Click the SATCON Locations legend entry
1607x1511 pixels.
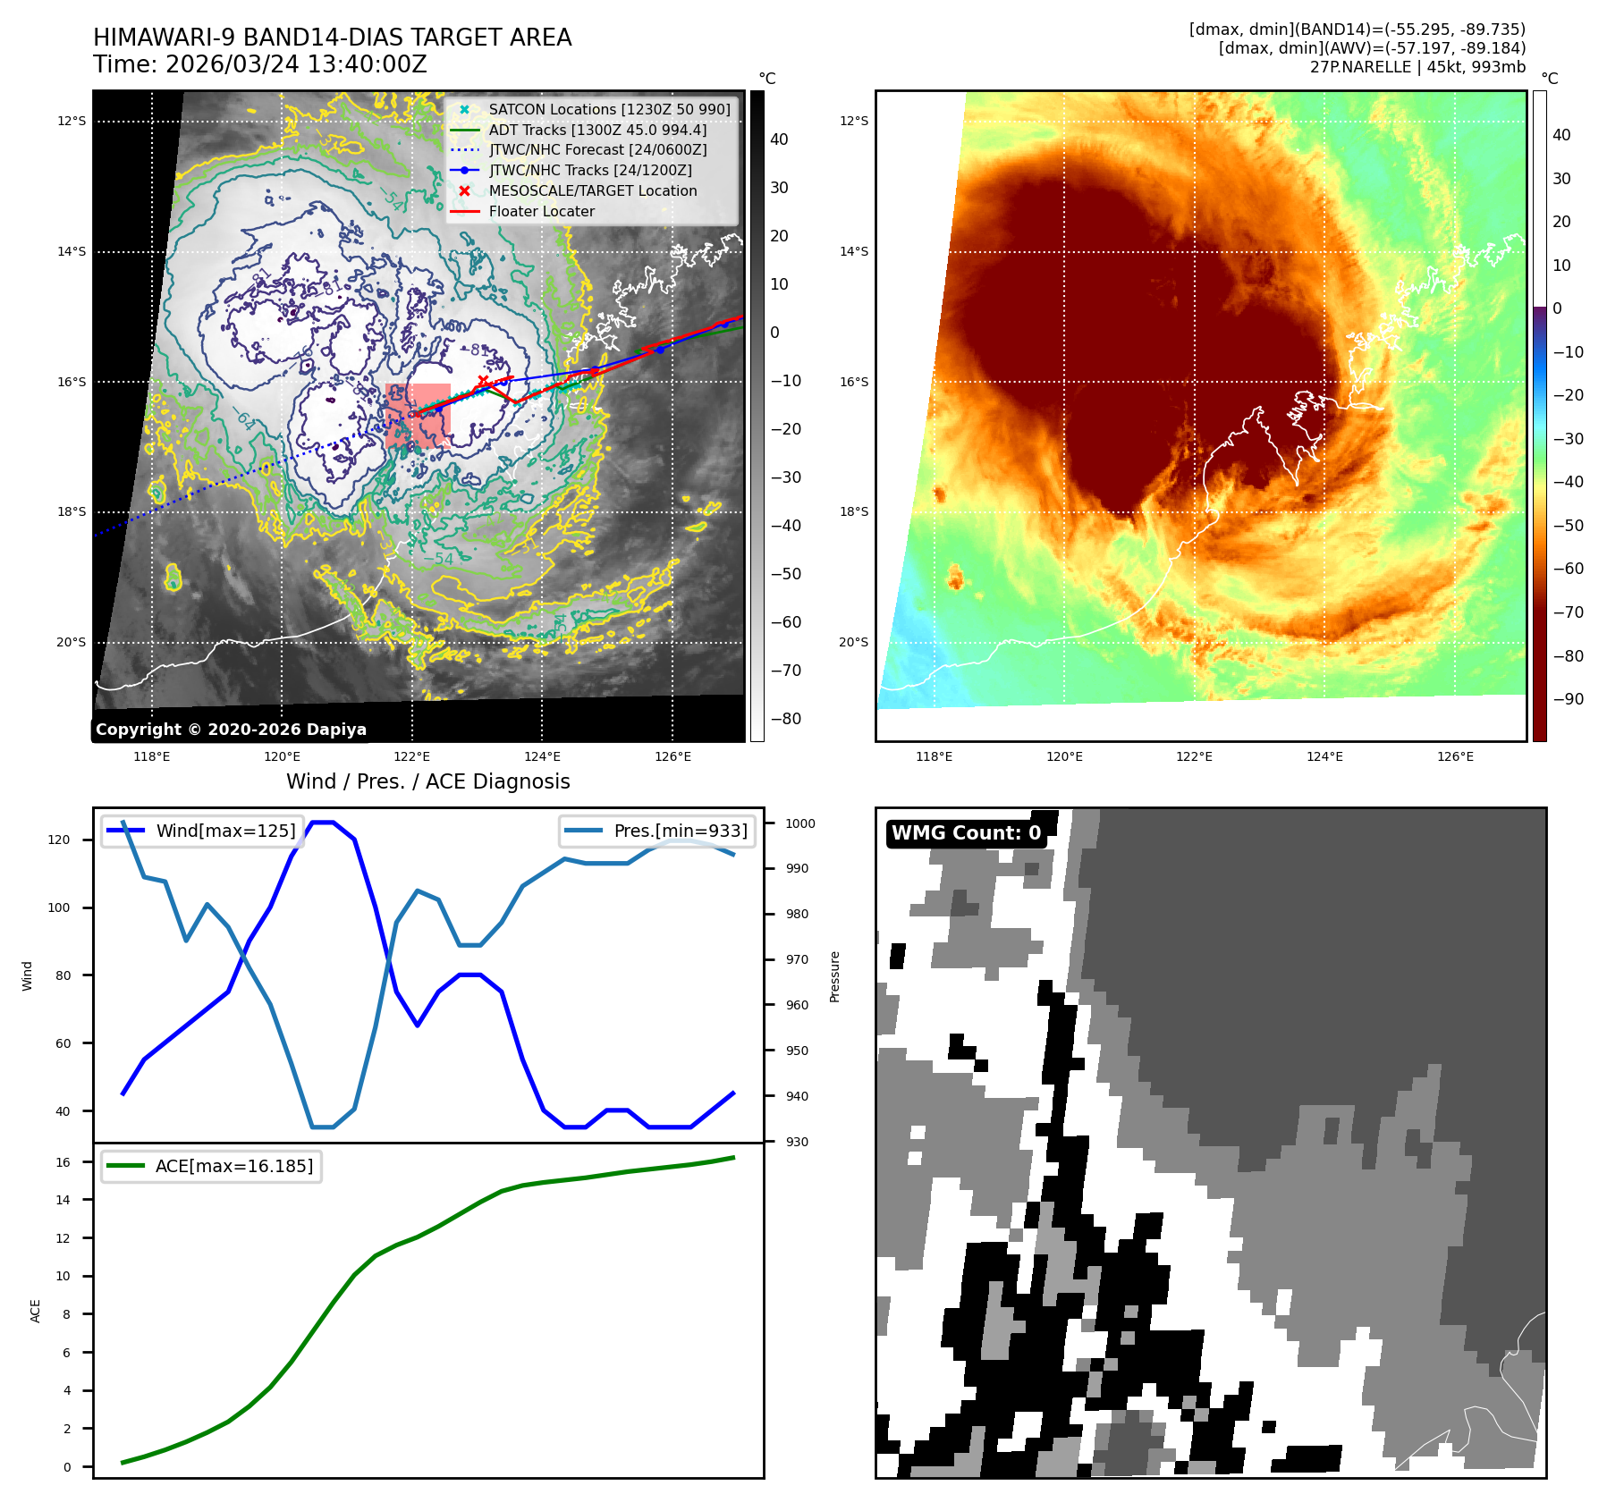pos(609,109)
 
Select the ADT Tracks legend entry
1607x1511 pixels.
pos(597,130)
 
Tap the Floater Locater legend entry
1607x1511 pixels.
pos(541,211)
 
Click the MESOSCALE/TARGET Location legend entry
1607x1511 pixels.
pos(592,190)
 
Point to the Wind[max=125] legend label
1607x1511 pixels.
pos(225,831)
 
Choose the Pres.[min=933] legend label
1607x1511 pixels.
pos(680,831)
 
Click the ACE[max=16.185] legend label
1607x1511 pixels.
pos(234,1166)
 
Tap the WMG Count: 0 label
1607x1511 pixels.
pos(966,833)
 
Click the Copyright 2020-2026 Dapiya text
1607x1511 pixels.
pos(231,730)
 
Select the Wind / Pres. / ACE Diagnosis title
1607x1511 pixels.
pos(427,781)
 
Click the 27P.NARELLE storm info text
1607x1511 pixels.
pos(1417,67)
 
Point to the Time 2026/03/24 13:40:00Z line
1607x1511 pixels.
pos(259,65)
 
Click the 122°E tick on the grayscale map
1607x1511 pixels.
pos(412,756)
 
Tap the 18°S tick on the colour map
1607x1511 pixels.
pos(853,511)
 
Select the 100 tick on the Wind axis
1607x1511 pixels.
pos(63,907)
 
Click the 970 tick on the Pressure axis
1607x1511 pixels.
pos(797,959)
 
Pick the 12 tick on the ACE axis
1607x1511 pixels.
pos(63,1238)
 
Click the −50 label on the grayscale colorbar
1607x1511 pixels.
pos(786,574)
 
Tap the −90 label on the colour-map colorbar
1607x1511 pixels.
pos(1568,699)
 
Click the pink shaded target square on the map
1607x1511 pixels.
pos(418,416)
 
